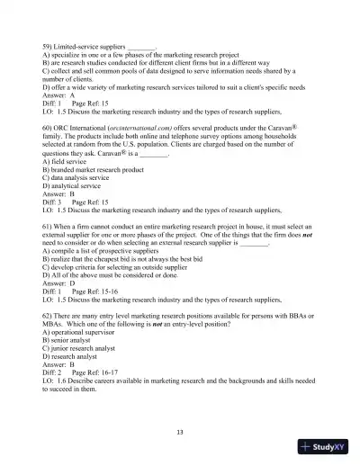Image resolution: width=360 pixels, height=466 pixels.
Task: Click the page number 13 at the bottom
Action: [x=180, y=432]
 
